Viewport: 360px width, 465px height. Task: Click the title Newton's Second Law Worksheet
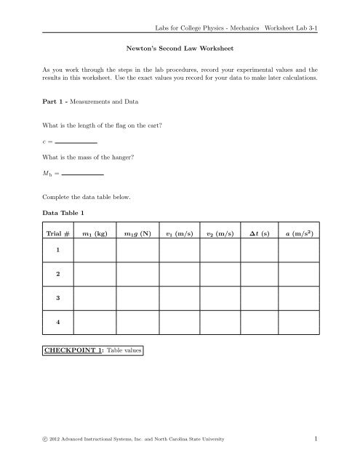180,52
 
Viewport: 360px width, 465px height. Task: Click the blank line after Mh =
82,176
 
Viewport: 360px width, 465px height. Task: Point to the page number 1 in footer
318,439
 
